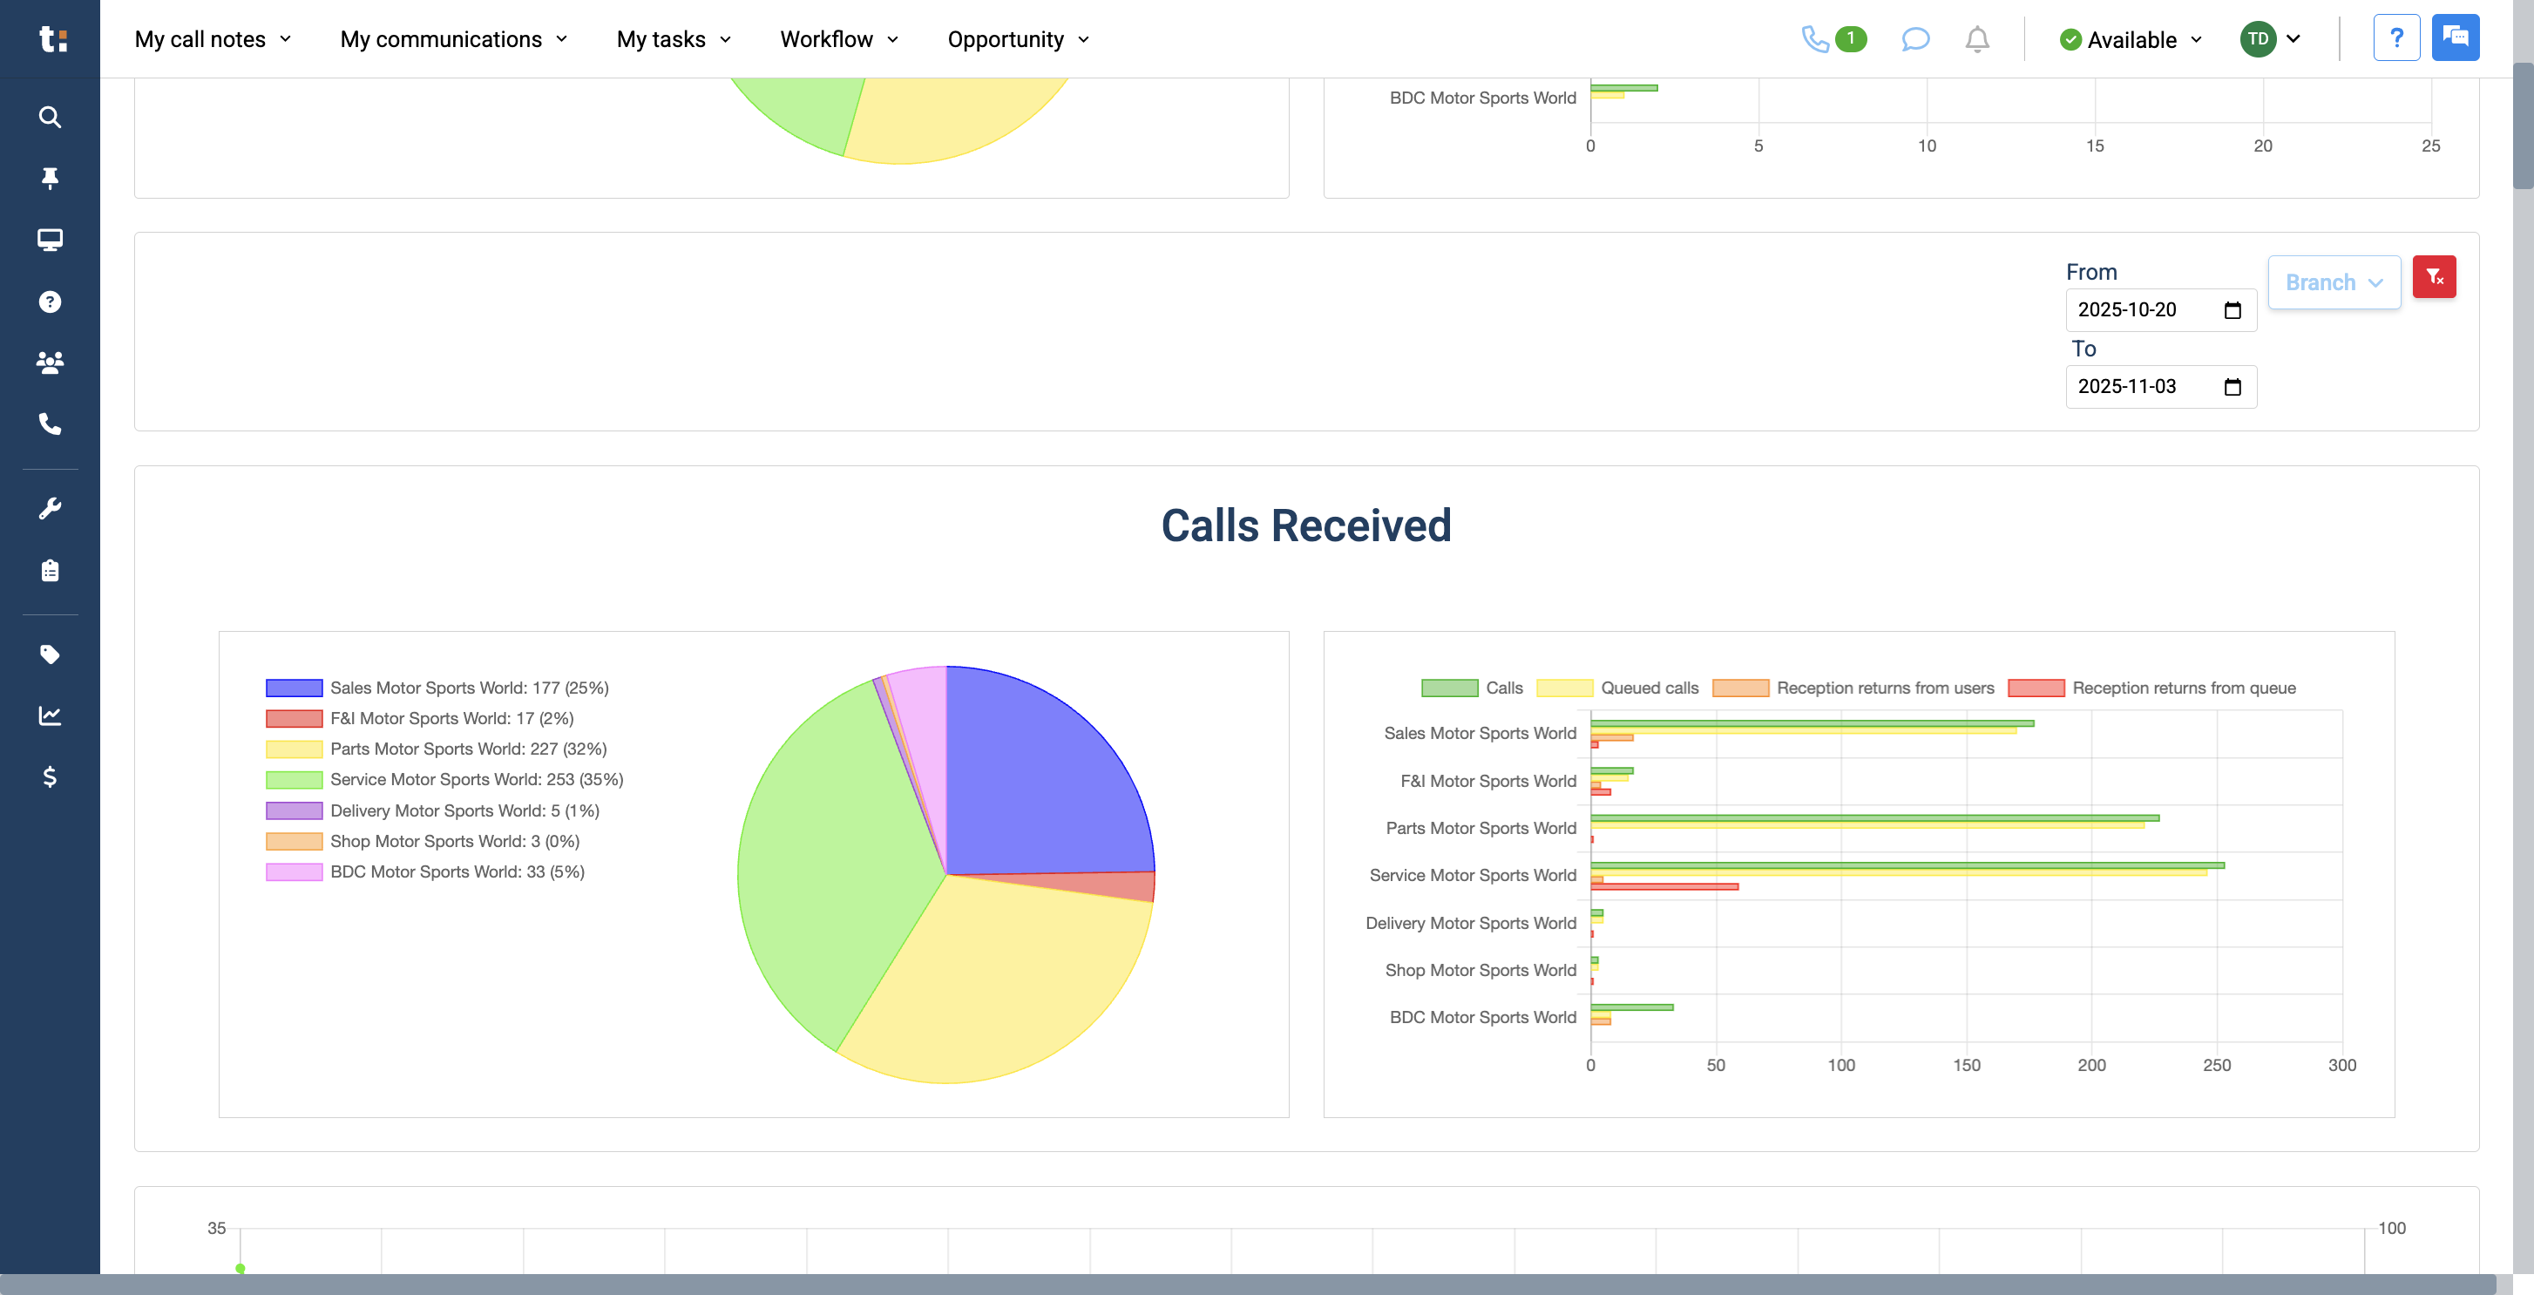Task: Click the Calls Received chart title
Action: pos(1305,525)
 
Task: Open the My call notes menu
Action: pos(213,39)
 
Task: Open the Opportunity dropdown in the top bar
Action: pos(1017,39)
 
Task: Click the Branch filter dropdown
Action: pos(2334,282)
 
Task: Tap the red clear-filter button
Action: pos(2434,276)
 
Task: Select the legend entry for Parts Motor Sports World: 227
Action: pos(468,749)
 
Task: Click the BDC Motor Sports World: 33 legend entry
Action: pos(457,871)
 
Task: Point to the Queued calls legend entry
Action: pos(1649,688)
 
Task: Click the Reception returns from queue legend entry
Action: pos(2183,688)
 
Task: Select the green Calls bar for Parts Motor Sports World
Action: pos(1874,817)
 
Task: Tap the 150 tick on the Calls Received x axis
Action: pos(1967,1065)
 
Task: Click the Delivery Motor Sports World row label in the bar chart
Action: pos(1471,923)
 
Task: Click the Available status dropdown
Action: pos(2131,39)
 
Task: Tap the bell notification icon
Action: pos(1976,39)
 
